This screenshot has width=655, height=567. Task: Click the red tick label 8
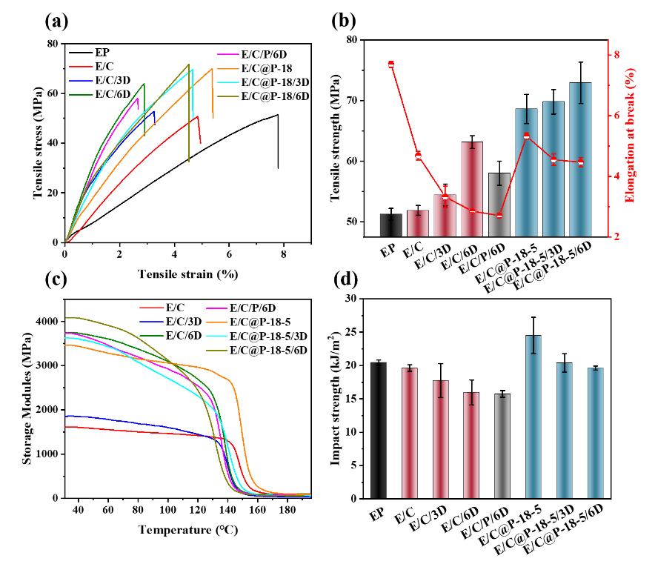[x=616, y=55]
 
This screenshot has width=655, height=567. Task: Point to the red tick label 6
[x=616, y=116]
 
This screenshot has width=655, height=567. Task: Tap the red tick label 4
[x=616, y=176]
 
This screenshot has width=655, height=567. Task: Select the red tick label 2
[x=616, y=236]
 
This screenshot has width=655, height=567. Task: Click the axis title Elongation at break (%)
[x=631, y=136]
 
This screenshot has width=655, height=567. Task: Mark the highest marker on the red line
[x=390, y=64]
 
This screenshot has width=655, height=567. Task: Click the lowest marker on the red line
[x=499, y=216]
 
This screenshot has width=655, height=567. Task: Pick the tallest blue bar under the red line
[x=580, y=160]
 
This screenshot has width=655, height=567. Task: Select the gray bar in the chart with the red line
[x=499, y=205]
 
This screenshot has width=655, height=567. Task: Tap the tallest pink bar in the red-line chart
[x=472, y=190]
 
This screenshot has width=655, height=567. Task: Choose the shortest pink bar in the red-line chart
[x=418, y=224]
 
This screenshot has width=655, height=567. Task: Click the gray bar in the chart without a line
[x=502, y=446]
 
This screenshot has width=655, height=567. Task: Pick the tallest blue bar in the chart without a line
[x=533, y=417]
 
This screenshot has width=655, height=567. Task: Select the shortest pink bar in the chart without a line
[x=471, y=445]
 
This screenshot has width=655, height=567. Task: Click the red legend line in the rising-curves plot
[x=81, y=67]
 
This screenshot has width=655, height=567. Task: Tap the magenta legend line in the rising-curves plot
[x=228, y=54]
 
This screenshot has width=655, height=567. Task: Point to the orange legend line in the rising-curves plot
[x=228, y=68]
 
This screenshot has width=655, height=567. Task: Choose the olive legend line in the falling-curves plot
[x=216, y=350]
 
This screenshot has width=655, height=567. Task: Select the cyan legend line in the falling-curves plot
[x=216, y=336]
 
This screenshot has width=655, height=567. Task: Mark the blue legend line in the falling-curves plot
[x=151, y=322]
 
